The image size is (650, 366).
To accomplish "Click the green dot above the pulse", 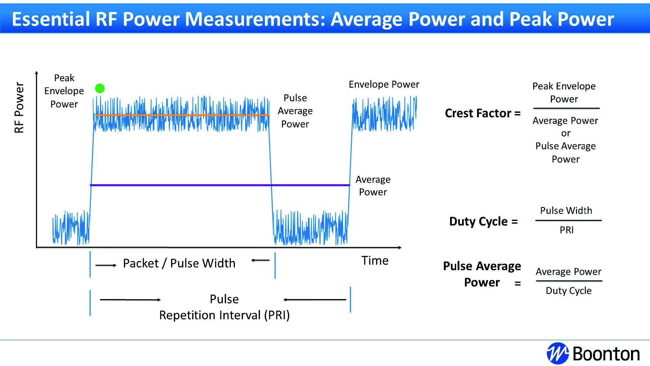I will coord(100,89).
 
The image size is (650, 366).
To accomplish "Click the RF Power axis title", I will coord(19,107).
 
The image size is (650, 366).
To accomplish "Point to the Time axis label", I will coord(375,261).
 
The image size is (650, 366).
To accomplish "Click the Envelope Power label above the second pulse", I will coord(384,84).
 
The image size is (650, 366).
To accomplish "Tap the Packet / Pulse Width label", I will coord(179,263).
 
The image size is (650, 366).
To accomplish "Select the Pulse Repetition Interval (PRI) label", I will coord(224,307).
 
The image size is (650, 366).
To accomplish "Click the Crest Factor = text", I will coord(482,113).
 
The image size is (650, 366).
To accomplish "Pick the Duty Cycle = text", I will coord(483,222).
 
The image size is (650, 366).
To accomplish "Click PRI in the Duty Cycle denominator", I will coord(567,230).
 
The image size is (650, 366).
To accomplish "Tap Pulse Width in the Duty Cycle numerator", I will coord(566,211).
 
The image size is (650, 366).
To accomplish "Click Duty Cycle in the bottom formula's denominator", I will coord(569,291).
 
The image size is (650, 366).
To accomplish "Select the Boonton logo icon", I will coord(557,353).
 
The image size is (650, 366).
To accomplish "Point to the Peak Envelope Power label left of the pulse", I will coord(64,91).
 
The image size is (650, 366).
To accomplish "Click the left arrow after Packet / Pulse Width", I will coord(260,261).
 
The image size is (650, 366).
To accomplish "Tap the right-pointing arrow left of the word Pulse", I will coord(130,300).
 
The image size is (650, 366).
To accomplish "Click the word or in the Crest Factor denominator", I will coord(565,133).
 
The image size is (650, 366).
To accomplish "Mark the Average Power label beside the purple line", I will coord(373,186).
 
